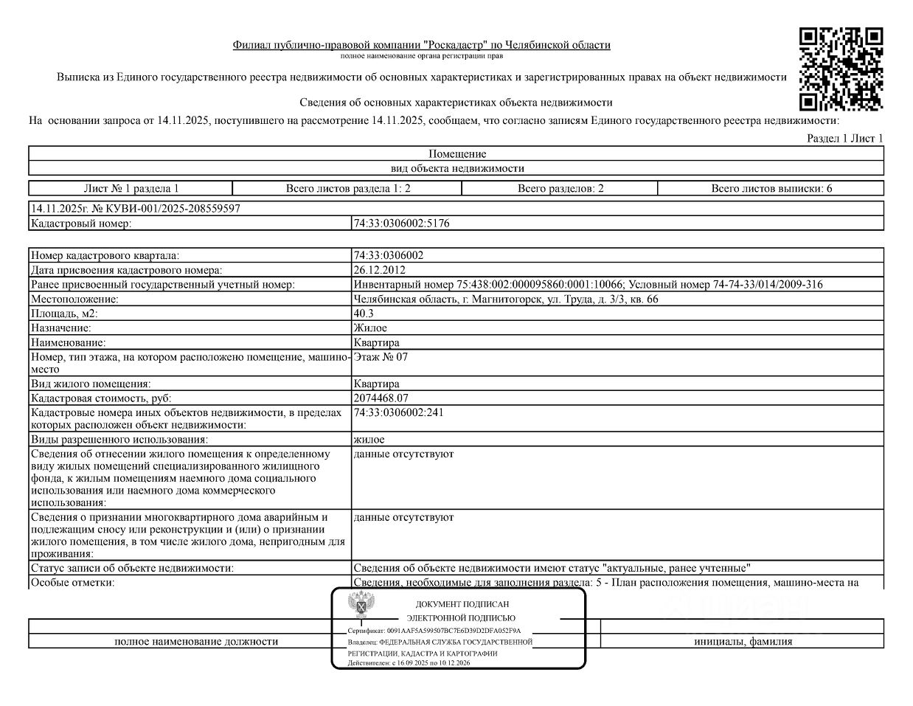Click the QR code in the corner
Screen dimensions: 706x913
(x=841, y=69)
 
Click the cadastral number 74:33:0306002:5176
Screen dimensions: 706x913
(x=401, y=224)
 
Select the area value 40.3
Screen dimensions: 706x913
(x=364, y=314)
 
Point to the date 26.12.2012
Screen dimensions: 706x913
(x=379, y=270)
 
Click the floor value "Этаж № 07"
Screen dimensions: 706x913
(x=381, y=357)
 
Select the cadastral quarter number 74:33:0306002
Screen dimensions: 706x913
(x=389, y=255)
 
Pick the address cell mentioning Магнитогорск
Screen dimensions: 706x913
(x=506, y=299)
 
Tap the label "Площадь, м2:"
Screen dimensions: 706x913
(x=64, y=314)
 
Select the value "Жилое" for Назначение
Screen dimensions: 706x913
(x=370, y=328)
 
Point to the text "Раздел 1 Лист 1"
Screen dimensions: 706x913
(x=844, y=138)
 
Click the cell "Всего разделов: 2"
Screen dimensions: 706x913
(x=560, y=188)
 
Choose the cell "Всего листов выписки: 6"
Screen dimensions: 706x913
(x=771, y=188)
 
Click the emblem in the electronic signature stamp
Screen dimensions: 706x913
(x=362, y=606)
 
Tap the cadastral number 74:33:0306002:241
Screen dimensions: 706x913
(x=399, y=412)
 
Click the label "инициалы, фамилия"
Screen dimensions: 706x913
(x=743, y=641)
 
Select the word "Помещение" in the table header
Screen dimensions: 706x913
(x=457, y=154)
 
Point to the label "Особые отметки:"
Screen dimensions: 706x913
(x=72, y=583)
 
